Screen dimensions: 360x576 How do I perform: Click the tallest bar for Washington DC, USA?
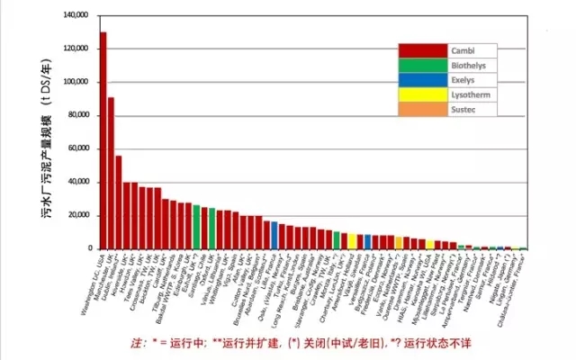click(x=103, y=139)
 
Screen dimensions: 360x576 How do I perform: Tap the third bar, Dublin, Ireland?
click(x=119, y=202)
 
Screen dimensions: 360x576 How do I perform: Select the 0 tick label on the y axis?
click(x=90, y=248)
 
